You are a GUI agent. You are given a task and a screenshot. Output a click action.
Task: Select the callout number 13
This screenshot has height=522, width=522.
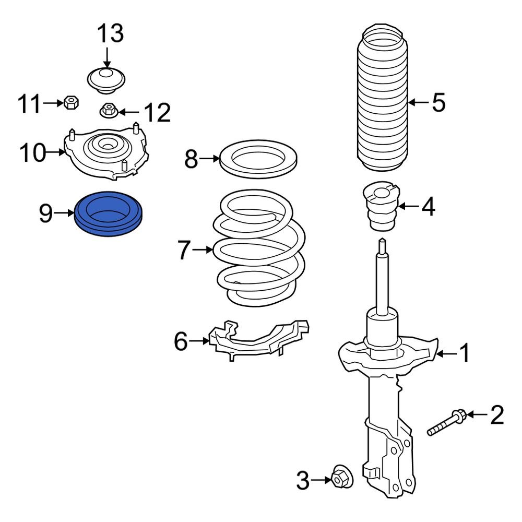(x=110, y=33)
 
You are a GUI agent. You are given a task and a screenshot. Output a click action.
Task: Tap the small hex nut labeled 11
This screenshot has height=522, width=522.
(x=70, y=102)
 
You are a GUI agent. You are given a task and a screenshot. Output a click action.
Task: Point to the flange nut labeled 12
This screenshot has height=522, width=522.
(x=108, y=111)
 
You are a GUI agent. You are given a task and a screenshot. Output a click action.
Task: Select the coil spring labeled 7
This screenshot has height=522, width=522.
(x=259, y=251)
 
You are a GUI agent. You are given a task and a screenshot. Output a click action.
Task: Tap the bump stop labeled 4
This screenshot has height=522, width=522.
(x=380, y=209)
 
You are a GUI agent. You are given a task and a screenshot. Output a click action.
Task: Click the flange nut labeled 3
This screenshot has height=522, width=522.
(x=341, y=476)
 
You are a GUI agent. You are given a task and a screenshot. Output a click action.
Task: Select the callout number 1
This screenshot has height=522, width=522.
(x=464, y=354)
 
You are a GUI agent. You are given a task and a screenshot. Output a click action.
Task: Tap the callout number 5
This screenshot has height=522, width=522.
(x=438, y=102)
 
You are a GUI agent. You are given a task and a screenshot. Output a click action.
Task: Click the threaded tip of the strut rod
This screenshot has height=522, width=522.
(x=383, y=245)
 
